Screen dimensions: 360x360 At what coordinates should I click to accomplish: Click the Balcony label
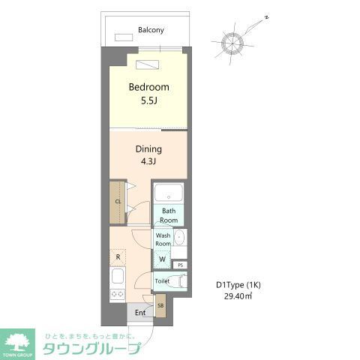pos(151,31)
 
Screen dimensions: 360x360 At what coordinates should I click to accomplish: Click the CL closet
pos(118,202)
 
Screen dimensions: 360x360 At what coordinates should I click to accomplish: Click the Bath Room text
pos(169,215)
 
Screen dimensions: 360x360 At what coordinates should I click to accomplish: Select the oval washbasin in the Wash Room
pos(179,238)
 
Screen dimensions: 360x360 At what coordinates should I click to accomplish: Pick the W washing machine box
pos(163,259)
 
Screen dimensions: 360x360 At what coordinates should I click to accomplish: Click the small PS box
pos(180,265)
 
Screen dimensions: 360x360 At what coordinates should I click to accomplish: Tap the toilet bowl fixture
pos(176,282)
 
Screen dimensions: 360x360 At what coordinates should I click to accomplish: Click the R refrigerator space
pos(118,257)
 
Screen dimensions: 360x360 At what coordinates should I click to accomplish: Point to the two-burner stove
pos(117,295)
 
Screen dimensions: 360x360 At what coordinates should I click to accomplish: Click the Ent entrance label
pos(139,312)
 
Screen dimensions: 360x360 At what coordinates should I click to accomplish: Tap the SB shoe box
pos(160,305)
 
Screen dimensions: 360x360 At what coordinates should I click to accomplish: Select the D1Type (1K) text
pos(238,285)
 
